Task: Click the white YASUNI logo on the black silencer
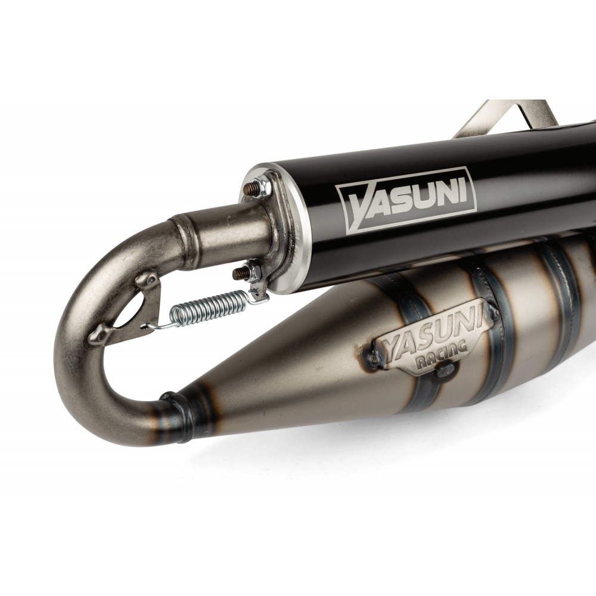(406, 200)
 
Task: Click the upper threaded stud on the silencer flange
(250, 188)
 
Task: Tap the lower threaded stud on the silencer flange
(240, 272)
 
